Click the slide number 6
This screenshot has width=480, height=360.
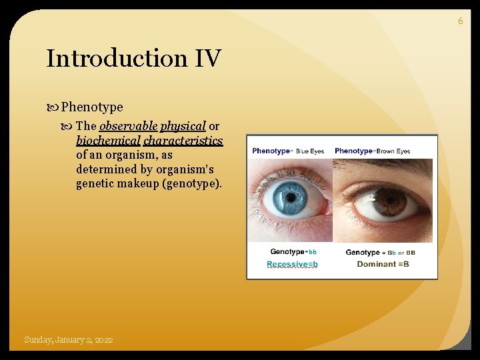click(x=460, y=21)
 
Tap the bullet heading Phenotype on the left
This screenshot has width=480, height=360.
click(x=92, y=107)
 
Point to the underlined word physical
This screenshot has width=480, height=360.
click(x=183, y=126)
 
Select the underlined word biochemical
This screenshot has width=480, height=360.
click(x=108, y=141)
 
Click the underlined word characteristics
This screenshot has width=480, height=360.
click(x=183, y=141)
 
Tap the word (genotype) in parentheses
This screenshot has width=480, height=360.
click(x=192, y=184)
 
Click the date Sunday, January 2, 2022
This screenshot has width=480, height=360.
click(x=68, y=340)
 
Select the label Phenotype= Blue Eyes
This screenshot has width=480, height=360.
click(x=288, y=151)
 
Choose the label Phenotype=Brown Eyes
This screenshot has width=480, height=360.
click(x=373, y=151)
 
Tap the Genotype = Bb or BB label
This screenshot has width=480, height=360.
click(x=380, y=253)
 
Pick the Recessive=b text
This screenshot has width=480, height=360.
click(x=292, y=265)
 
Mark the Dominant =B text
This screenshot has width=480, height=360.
click(x=383, y=265)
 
